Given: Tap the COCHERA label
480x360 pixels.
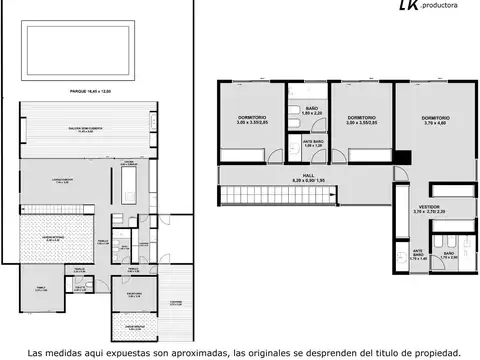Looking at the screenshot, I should (x=174, y=301).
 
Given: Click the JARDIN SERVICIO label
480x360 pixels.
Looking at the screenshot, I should (x=135, y=326).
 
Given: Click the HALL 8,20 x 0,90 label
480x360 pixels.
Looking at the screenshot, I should (x=307, y=176).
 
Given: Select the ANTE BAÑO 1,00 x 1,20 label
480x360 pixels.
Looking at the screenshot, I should (x=313, y=143).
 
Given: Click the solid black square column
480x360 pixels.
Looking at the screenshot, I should (x=402, y=157).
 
